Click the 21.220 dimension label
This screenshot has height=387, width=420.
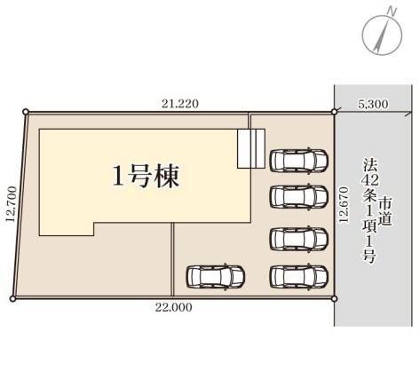(x=180, y=104)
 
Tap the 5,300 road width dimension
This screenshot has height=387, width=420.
(x=373, y=104)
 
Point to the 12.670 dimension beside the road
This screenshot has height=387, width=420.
(x=344, y=205)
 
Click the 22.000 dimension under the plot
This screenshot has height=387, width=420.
(x=174, y=307)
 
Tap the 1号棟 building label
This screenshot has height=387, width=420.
(x=146, y=176)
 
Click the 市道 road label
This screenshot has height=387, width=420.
(x=385, y=211)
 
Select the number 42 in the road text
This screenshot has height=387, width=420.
(x=369, y=180)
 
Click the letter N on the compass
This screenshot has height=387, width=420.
(x=392, y=12)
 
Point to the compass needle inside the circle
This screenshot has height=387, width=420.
(x=382, y=36)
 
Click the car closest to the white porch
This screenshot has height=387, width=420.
(x=299, y=161)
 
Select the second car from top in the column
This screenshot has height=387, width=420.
(x=299, y=196)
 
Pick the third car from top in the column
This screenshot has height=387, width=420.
(x=299, y=239)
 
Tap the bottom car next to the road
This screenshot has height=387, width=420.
(x=299, y=276)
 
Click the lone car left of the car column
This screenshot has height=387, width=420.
(x=216, y=276)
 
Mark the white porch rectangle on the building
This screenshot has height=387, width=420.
(x=251, y=149)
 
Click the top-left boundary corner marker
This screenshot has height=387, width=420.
(x=26, y=112)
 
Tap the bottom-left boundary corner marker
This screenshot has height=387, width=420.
(x=12, y=299)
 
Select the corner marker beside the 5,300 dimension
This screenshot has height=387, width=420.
(x=334, y=112)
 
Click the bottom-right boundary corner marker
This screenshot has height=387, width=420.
(x=334, y=299)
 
